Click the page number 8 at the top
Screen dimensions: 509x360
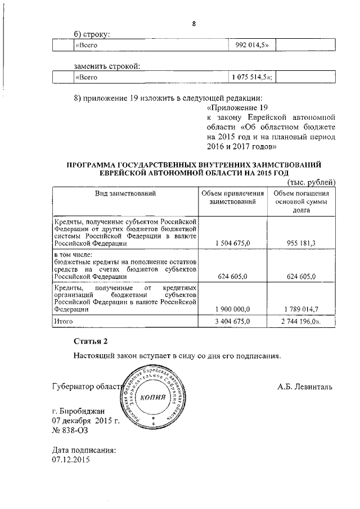(x=193, y=24)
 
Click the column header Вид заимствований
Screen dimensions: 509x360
(x=125, y=193)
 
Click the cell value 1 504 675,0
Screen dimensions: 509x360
(x=233, y=244)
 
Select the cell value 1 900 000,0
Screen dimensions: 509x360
(x=233, y=309)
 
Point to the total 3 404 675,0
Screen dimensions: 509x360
(x=233, y=321)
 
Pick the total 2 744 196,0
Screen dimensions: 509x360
(x=301, y=321)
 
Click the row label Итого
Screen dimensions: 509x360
(x=64, y=321)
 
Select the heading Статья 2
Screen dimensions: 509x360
(x=90, y=341)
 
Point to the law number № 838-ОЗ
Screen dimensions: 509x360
(x=70, y=430)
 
